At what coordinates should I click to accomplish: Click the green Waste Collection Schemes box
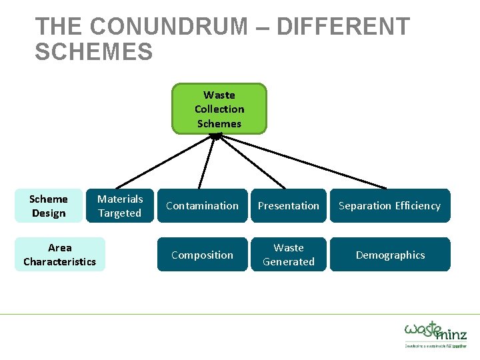219,109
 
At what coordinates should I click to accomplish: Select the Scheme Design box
49,206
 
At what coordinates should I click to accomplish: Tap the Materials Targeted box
120,206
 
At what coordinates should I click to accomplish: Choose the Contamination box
202,206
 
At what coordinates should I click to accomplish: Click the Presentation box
289,206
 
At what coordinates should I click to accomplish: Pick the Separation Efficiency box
390,206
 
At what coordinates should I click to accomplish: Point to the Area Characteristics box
60,255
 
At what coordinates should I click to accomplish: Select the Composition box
202,255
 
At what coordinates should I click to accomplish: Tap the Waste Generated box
289,255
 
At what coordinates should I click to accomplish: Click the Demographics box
390,255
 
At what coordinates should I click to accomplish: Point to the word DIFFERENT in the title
343,27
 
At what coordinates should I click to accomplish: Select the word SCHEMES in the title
94,52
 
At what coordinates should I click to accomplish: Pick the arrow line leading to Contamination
207,161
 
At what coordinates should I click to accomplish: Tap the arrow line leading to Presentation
252,161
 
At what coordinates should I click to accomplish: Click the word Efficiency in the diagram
417,206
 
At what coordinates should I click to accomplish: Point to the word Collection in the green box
219,109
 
